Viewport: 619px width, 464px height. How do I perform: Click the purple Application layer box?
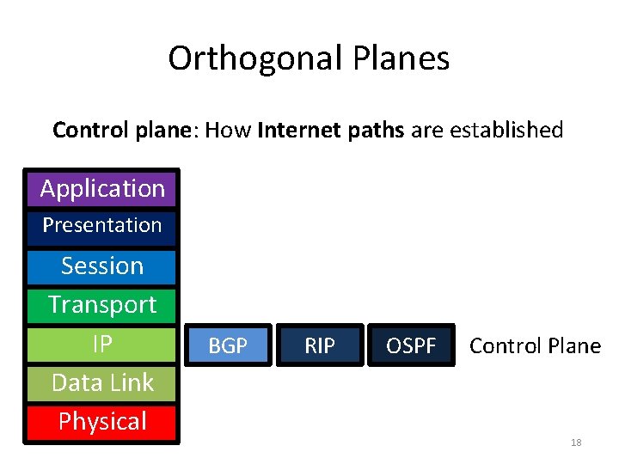pos(102,188)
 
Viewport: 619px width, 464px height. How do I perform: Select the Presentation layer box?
pos(102,226)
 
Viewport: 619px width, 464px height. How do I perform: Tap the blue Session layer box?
pos(102,266)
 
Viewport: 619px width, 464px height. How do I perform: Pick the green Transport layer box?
pos(102,305)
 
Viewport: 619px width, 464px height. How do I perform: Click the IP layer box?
pos(102,345)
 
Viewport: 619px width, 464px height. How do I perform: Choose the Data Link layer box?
pos(102,383)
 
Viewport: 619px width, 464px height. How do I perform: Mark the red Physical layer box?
pos(102,422)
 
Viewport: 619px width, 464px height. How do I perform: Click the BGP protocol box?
pos(228,345)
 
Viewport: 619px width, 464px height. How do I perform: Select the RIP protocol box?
pos(320,345)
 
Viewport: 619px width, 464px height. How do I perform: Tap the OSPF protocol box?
pos(411,345)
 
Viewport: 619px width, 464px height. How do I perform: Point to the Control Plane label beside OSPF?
pos(535,345)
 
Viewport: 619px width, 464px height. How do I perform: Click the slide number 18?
pos(576,443)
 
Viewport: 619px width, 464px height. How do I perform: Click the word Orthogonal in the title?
pos(255,58)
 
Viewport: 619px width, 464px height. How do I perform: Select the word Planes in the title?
pos(401,58)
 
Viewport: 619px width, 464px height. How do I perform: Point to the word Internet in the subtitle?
pos(297,131)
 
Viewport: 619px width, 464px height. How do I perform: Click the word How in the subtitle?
pos(230,131)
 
